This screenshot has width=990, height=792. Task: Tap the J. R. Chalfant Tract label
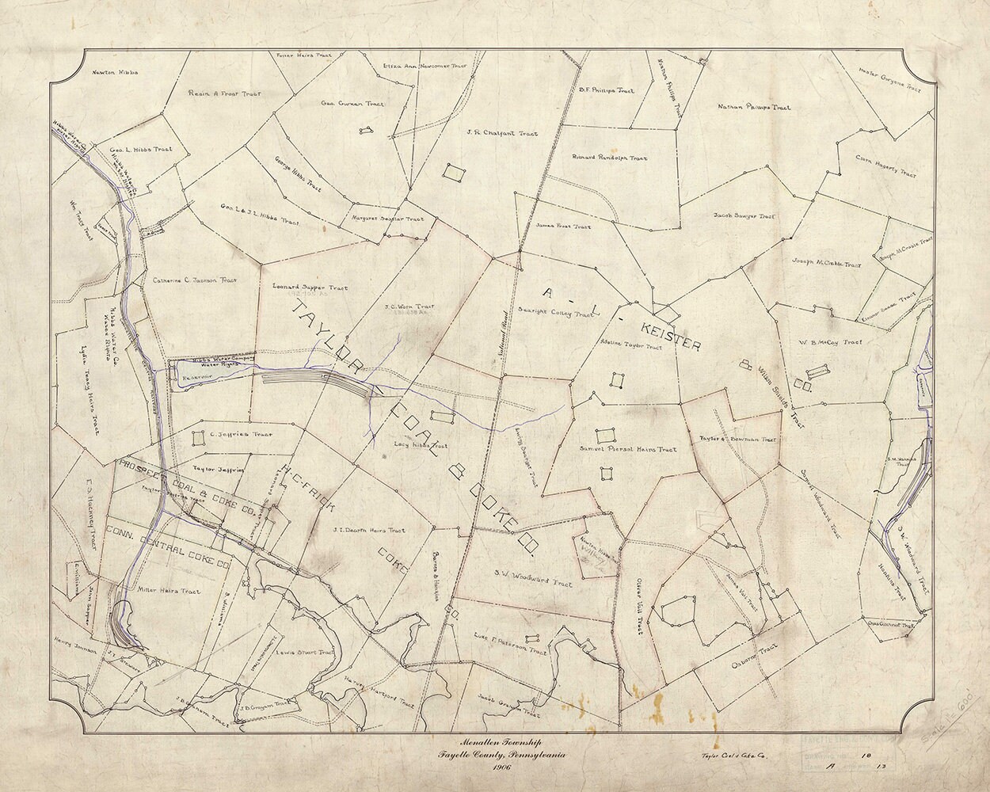point(501,133)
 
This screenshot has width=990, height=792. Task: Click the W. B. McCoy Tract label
point(830,342)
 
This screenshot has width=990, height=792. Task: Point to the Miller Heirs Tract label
point(169,591)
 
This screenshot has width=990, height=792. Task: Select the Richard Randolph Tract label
point(609,158)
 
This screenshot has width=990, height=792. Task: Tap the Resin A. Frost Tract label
point(225,93)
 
